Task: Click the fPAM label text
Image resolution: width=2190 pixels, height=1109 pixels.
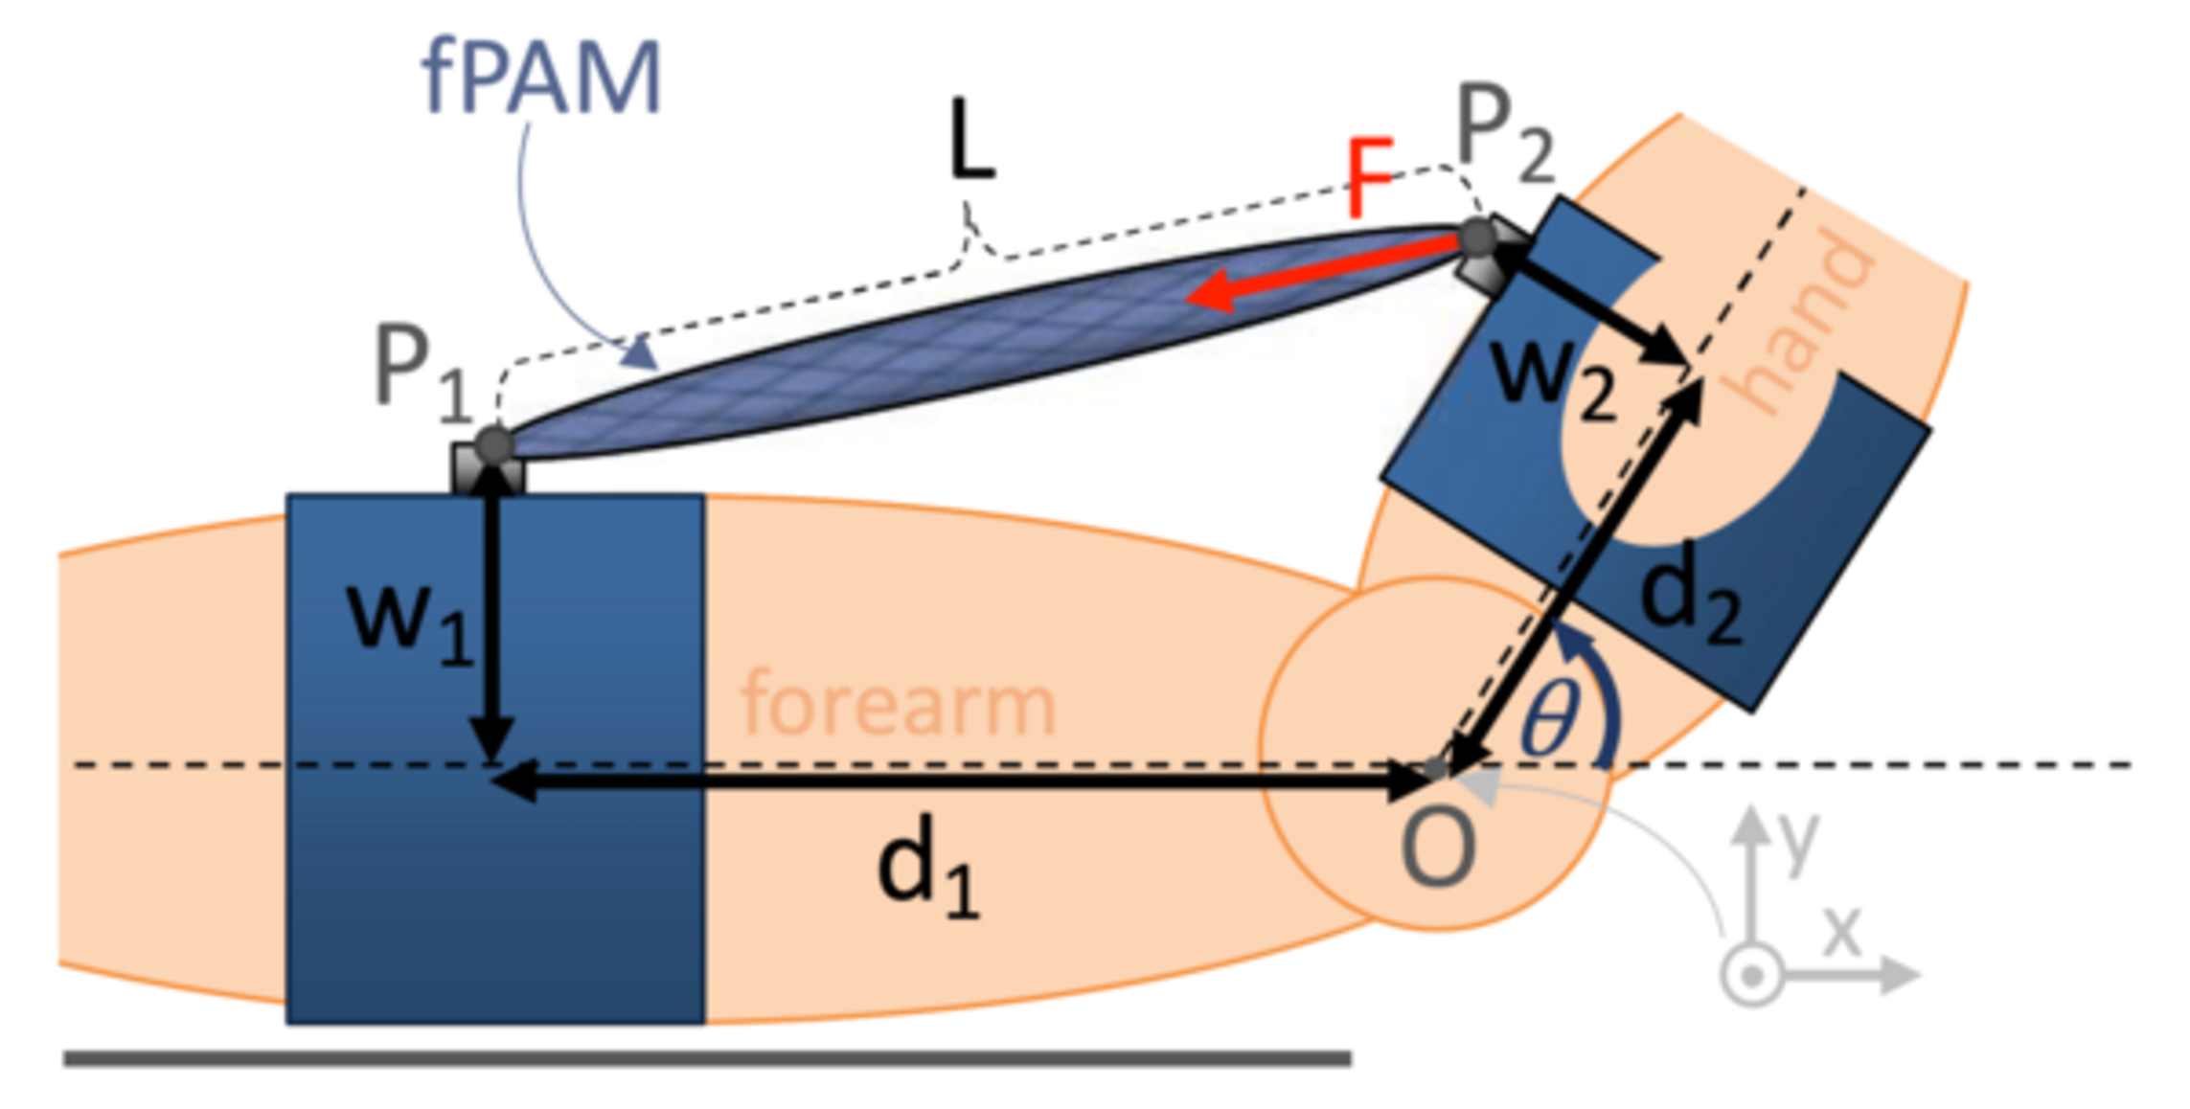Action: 542,79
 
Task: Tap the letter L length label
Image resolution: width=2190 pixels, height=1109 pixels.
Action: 971,142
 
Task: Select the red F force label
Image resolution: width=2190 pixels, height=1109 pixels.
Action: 1369,179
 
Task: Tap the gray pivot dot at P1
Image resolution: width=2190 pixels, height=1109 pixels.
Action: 494,445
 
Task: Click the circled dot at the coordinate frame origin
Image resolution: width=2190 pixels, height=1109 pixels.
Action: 1751,977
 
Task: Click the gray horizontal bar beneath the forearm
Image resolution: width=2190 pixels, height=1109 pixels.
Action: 707,1058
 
